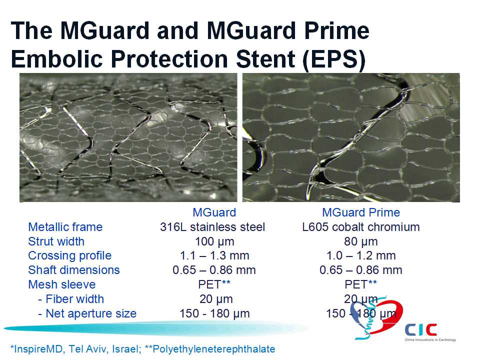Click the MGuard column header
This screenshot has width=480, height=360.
coord(214,212)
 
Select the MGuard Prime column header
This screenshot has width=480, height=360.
coord(361,212)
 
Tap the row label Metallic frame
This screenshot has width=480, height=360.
coord(65,227)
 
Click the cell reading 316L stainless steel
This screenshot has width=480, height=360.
coord(212,227)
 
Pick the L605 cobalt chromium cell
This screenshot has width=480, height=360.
coord(361,227)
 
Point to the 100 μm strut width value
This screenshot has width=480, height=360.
coord(214,241)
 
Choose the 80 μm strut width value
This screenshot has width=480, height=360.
coord(361,241)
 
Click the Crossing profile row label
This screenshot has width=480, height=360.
coord(70,255)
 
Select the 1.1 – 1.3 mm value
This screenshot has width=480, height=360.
coord(214,255)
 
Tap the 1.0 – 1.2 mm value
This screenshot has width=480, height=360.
coord(361,255)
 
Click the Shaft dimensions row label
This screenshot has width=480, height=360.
coord(74,270)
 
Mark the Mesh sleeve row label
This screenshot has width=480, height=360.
coord(62,284)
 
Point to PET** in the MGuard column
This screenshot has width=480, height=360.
coord(214,284)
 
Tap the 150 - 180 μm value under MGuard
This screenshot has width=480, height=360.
coord(214,313)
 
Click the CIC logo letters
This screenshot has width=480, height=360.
coord(421,329)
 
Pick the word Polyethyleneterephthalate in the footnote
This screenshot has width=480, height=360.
coord(213,349)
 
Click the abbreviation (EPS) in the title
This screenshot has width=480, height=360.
coord(334,59)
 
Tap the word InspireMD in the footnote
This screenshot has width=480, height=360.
coord(39,349)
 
